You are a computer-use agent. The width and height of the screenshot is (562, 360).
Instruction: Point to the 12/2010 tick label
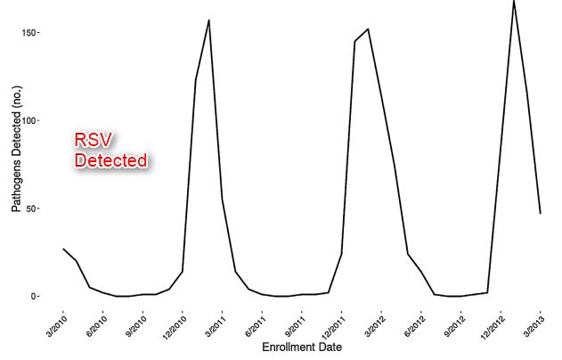[x=174, y=321]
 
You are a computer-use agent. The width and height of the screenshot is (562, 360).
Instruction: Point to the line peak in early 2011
[x=208, y=20]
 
